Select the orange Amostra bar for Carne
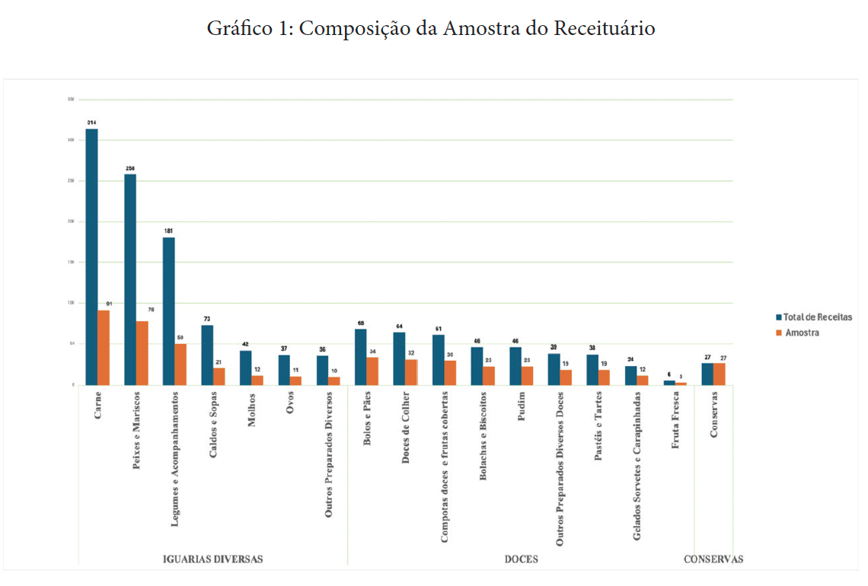coord(104,347)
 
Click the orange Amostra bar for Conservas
coord(720,374)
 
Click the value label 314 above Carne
coord(91,123)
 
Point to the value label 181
coord(168,230)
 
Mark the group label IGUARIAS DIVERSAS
coord(213,559)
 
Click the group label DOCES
coord(522,559)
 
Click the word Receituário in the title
coord(605,29)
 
